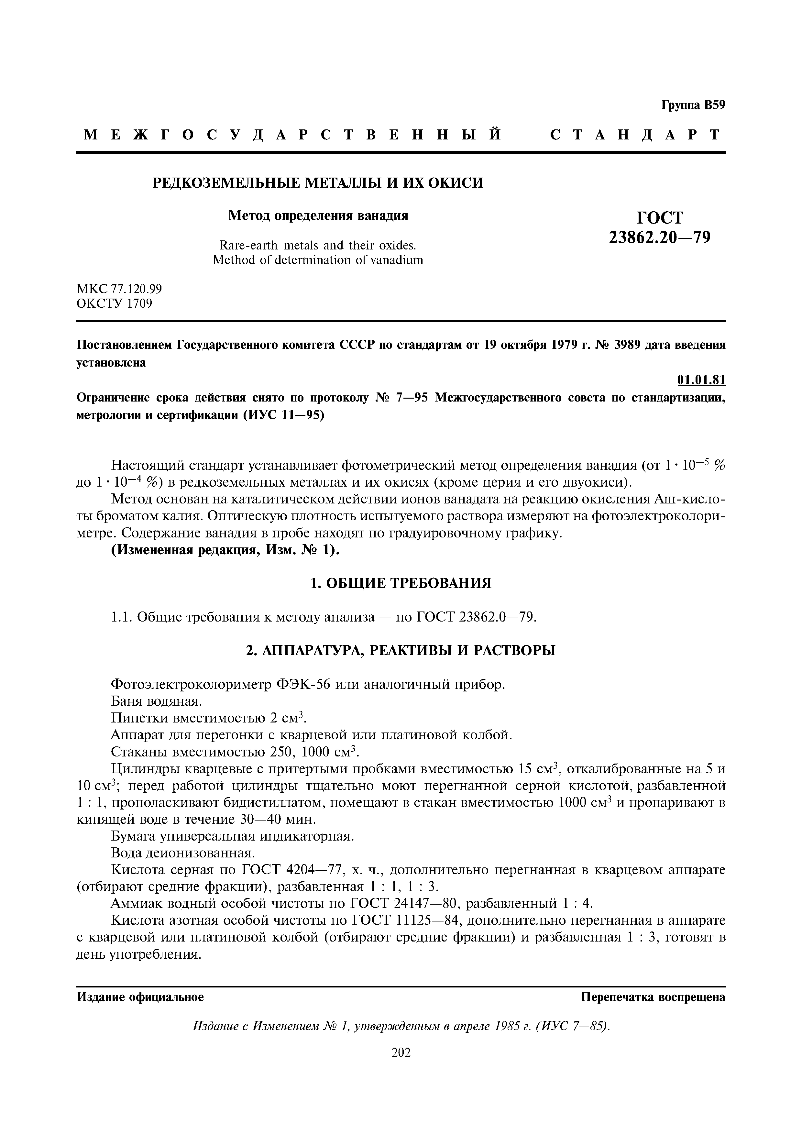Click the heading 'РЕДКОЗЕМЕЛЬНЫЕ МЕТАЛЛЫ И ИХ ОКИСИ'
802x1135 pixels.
pyautogui.click(x=317, y=183)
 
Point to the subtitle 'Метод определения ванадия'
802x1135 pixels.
pyautogui.click(x=318, y=215)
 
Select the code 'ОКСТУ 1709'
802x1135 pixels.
pyautogui.click(x=114, y=303)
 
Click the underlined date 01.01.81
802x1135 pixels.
pyautogui.click(x=701, y=380)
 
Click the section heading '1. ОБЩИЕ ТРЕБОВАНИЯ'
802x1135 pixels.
pyautogui.click(x=401, y=583)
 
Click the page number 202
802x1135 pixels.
pyautogui.click(x=401, y=1053)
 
